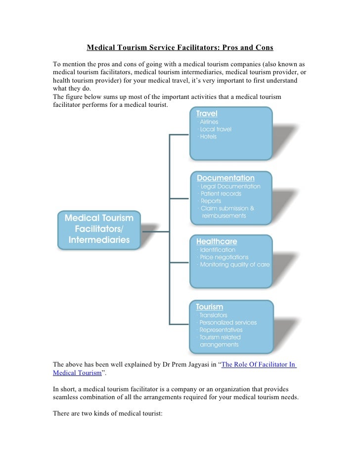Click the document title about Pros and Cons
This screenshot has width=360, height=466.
pyautogui.click(x=180, y=48)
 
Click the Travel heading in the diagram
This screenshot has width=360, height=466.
pyautogui.click(x=207, y=113)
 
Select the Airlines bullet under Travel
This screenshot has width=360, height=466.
pyautogui.click(x=209, y=122)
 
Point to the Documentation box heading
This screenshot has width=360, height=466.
pyautogui.click(x=225, y=178)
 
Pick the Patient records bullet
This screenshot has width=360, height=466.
pyautogui.click(x=221, y=194)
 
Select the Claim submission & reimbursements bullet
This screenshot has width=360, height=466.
pyautogui.click(x=227, y=212)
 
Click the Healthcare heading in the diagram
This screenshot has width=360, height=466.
pyautogui.click(x=217, y=242)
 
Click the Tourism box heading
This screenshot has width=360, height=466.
pyautogui.click(x=210, y=307)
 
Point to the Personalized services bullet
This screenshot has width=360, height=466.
pyautogui.click(x=228, y=323)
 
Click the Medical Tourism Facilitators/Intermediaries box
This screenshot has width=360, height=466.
pyautogui.click(x=99, y=229)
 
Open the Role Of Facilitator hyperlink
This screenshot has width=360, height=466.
pyautogui.click(x=259, y=366)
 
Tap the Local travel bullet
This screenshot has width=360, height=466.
pyautogui.click(x=216, y=129)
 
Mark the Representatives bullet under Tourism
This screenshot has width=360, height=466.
pyautogui.click(x=221, y=330)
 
